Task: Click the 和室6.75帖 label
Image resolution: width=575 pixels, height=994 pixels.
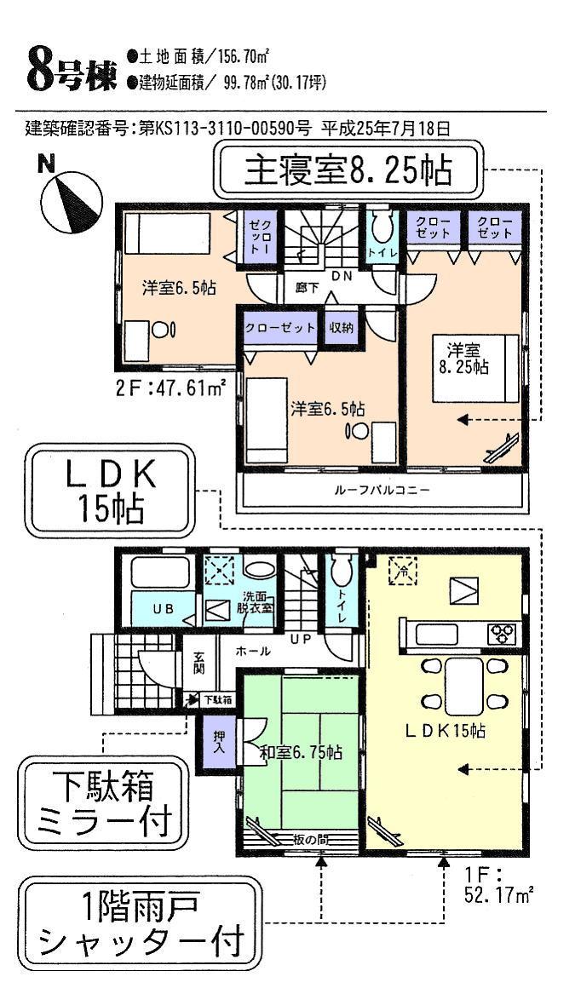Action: [x=301, y=753]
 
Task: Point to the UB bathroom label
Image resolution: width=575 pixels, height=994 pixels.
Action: [x=163, y=609]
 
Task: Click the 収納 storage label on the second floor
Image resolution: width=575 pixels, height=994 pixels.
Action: [x=342, y=328]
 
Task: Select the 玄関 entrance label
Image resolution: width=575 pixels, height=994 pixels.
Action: [x=198, y=663]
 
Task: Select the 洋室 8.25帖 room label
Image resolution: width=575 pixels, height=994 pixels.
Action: [x=468, y=358]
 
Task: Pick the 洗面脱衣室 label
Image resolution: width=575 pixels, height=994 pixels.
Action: [x=256, y=601]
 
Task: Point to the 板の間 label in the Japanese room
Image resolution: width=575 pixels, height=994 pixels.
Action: [x=309, y=840]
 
